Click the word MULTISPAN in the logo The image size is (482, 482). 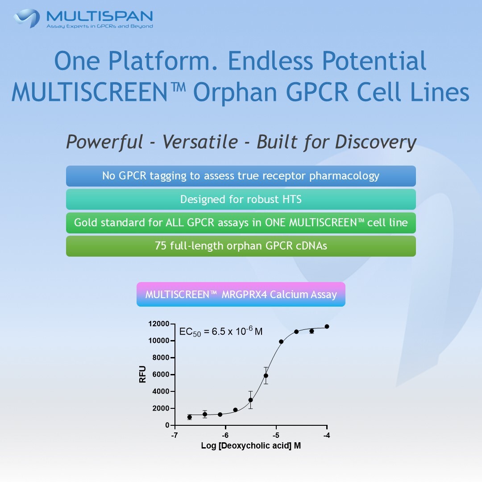(100, 16)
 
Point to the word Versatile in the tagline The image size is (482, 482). (200, 142)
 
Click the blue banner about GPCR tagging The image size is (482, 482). (241, 176)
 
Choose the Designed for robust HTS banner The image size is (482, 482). (241, 199)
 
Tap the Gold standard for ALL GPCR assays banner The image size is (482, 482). (241, 222)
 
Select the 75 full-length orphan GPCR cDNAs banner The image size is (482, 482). (241, 246)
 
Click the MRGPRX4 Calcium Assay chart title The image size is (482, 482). (241, 295)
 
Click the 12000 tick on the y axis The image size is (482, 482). (159, 324)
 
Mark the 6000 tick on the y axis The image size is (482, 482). (161, 374)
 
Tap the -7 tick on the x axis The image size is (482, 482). (175, 435)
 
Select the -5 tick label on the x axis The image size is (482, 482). (276, 435)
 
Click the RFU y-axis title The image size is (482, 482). (143, 374)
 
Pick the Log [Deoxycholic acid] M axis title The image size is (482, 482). (251, 446)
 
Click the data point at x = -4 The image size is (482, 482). (327, 327)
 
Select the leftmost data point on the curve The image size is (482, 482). (190, 417)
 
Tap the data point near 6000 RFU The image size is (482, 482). (266, 376)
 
